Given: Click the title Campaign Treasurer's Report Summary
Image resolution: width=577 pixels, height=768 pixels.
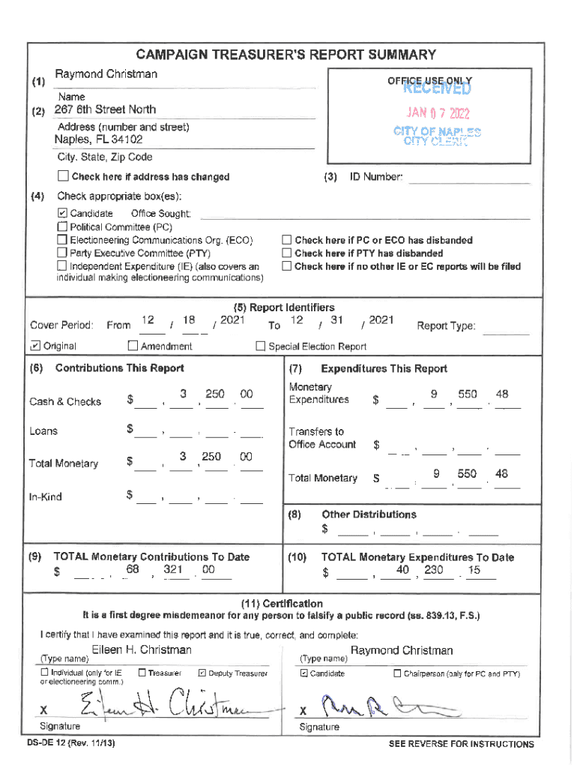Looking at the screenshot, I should point(286,55).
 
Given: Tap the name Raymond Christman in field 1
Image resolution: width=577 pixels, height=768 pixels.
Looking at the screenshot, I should point(106,74).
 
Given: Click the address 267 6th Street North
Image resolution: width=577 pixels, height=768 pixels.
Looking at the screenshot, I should point(105,110).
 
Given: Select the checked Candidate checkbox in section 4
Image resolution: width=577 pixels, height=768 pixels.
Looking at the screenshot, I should point(62,214).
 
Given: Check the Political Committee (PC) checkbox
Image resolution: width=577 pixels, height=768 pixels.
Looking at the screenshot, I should point(62,226).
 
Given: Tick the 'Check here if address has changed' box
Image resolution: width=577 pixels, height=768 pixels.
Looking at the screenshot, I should point(63,177).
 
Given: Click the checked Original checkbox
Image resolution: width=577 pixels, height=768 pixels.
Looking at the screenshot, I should point(35,346).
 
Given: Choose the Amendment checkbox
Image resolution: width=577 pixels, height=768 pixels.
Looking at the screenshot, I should point(133,346).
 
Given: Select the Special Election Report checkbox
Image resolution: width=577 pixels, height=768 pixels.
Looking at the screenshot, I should point(261,346).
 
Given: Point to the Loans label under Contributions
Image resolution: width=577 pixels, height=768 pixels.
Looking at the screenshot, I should point(43,431).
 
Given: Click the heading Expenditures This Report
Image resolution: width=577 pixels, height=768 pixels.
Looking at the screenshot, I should point(384,368).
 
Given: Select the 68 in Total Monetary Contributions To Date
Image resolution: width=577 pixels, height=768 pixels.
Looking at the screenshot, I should point(133,570).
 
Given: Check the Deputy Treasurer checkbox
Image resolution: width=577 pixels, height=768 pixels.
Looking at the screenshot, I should point(202,673).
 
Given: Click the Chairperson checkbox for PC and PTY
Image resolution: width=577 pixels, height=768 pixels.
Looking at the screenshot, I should point(397,673).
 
